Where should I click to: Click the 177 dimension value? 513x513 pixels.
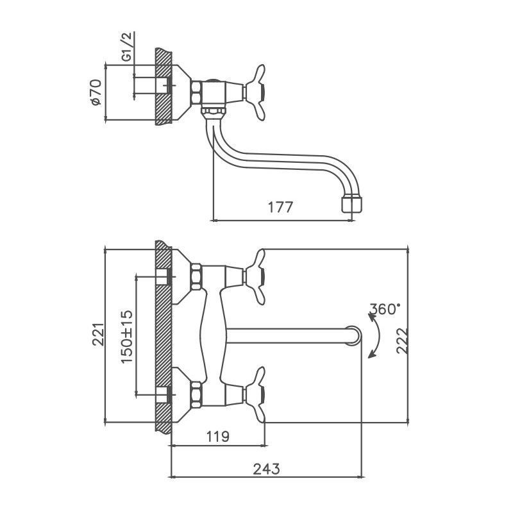coord(280,207)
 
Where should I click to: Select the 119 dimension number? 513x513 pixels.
coord(218,437)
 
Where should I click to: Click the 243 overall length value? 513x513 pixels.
coord(267,468)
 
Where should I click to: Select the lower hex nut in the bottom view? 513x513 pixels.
coord(196,393)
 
